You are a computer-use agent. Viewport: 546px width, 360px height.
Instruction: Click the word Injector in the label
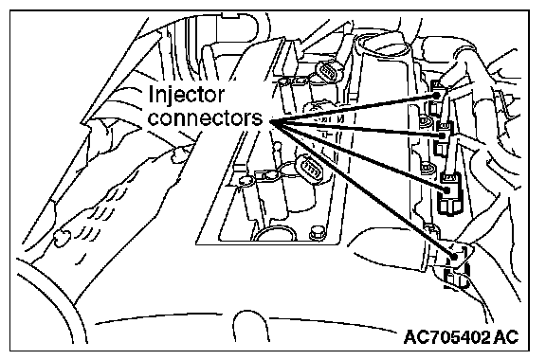pos(187,95)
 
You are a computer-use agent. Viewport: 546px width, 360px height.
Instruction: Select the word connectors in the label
pos(205,118)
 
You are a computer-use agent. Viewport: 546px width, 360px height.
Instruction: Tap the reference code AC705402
pos(446,336)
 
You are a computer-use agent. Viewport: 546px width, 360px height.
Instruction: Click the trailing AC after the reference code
pos(506,336)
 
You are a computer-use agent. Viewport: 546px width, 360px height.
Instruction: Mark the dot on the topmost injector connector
pos(436,95)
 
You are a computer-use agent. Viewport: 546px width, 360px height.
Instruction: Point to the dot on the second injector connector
pos(443,135)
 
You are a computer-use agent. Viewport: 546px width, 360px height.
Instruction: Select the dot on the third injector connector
pos(446,190)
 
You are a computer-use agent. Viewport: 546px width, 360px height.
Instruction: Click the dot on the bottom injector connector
pos(454,257)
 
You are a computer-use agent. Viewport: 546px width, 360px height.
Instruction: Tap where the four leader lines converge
pos(271,121)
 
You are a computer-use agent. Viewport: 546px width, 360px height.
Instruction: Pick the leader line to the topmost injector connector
pos(354,108)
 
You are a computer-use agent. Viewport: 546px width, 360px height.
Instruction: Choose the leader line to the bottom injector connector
pos(362,189)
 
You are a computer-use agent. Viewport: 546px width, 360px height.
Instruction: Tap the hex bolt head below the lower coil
pos(317,232)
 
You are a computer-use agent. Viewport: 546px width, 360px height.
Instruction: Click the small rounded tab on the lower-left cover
pos(62,238)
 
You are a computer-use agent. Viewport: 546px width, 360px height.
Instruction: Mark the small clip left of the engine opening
pos(178,153)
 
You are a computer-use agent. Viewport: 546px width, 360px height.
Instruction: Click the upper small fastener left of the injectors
pos(426,121)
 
